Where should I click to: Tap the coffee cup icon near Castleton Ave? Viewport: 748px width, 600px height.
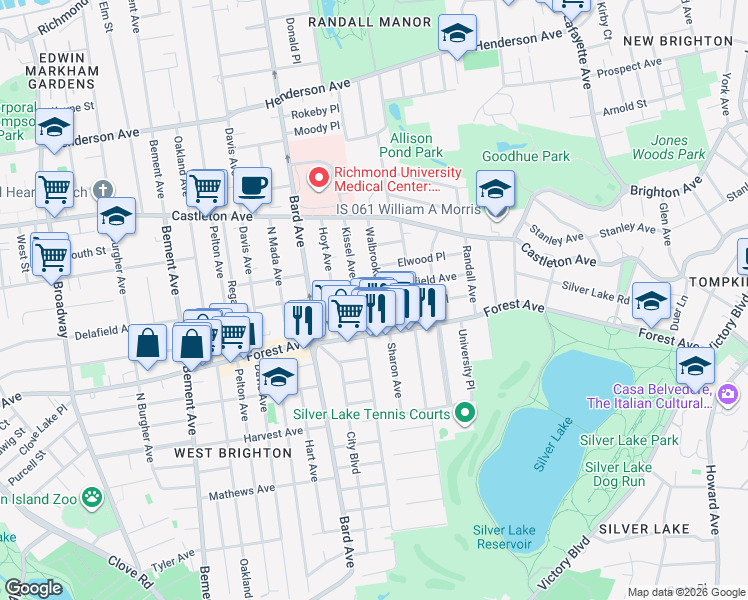pyautogui.click(x=252, y=185)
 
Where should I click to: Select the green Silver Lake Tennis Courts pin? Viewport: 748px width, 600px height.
pyautogui.click(x=464, y=411)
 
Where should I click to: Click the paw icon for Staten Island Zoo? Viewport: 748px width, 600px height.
pyautogui.click(x=92, y=497)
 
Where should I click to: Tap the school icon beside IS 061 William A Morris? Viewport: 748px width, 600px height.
pyautogui.click(x=495, y=188)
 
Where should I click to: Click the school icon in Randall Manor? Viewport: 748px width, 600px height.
pyautogui.click(x=456, y=35)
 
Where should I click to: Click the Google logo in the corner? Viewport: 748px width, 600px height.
pyautogui.click(x=33, y=588)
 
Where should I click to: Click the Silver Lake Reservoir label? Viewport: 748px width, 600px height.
pyautogui.click(x=503, y=537)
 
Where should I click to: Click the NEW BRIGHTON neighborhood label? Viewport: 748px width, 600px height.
pyautogui.click(x=677, y=40)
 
